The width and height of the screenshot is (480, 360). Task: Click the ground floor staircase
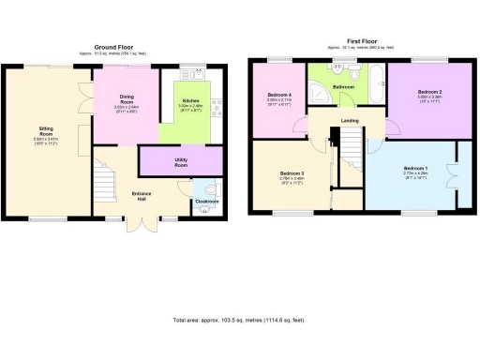[x=105, y=178]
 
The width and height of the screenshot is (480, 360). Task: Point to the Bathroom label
[x=343, y=86]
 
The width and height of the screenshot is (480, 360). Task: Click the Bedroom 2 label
[x=429, y=92]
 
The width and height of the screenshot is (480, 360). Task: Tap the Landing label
[x=350, y=120]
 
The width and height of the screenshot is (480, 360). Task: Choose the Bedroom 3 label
[x=292, y=175]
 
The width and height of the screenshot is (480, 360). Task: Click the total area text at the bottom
[x=240, y=321]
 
